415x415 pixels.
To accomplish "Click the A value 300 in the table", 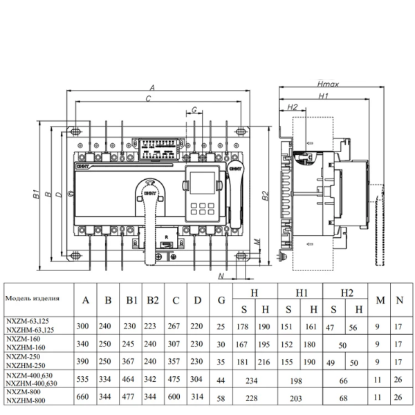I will (x=86, y=325).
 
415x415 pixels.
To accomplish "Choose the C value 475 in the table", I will (x=176, y=378).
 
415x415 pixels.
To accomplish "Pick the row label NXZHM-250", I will (x=26, y=365).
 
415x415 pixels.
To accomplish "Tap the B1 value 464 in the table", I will (x=131, y=378).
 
